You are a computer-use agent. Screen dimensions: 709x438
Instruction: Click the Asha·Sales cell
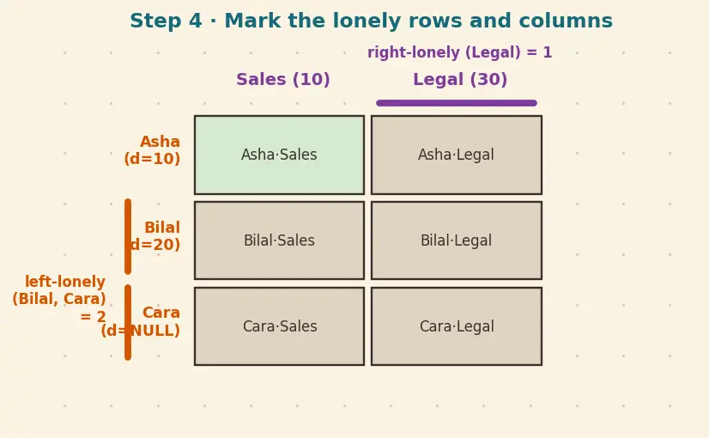coord(280,155)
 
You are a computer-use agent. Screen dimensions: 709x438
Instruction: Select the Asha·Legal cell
coord(457,155)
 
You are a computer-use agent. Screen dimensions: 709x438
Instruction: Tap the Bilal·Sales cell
coord(280,240)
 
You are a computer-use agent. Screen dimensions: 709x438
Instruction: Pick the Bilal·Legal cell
coord(457,240)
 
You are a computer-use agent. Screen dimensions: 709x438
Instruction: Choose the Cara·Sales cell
coord(280,326)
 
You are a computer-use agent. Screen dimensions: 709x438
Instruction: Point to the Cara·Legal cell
coord(457,326)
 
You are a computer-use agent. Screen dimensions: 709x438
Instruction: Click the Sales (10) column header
coord(283,80)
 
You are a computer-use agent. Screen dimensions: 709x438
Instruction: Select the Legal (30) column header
coord(460,80)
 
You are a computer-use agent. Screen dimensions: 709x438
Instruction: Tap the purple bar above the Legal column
coord(457,103)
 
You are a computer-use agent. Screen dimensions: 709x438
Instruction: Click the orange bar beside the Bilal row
coord(128,237)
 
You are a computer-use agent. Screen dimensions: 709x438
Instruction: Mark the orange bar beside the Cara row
coord(128,322)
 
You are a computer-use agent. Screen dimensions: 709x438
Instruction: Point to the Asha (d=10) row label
coord(153,150)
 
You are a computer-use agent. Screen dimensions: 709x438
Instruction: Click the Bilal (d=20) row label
coord(155,236)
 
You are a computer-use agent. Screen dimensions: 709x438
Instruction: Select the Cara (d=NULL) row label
coord(141,322)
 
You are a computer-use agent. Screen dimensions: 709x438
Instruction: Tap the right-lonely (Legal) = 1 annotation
coord(460,52)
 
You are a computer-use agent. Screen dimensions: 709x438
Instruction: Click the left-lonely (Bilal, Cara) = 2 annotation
coord(59,299)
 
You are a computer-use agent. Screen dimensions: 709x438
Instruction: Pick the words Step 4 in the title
coord(166,21)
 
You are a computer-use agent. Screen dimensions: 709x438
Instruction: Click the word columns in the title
coord(566,21)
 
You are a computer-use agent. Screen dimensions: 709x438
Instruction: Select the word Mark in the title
coord(252,21)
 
